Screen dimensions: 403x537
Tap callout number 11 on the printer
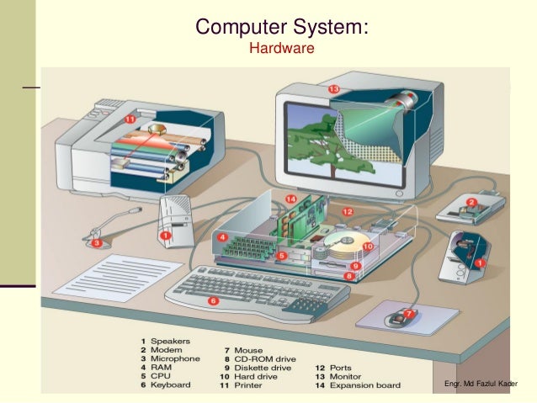[130, 119]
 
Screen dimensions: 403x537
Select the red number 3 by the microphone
[98, 244]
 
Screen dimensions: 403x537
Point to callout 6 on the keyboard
[213, 300]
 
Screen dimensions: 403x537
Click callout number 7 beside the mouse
[409, 314]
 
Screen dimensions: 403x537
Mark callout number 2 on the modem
[472, 203]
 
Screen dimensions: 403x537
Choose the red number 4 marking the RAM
[222, 238]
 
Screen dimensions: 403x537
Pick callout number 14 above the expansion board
[291, 199]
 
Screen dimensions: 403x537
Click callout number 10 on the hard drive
[368, 247]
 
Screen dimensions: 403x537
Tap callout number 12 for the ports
[347, 212]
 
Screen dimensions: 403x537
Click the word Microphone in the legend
[175, 358]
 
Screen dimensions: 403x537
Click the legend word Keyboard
[171, 385]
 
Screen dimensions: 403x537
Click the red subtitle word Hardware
[282, 49]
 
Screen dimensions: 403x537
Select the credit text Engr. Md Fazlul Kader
[481, 384]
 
